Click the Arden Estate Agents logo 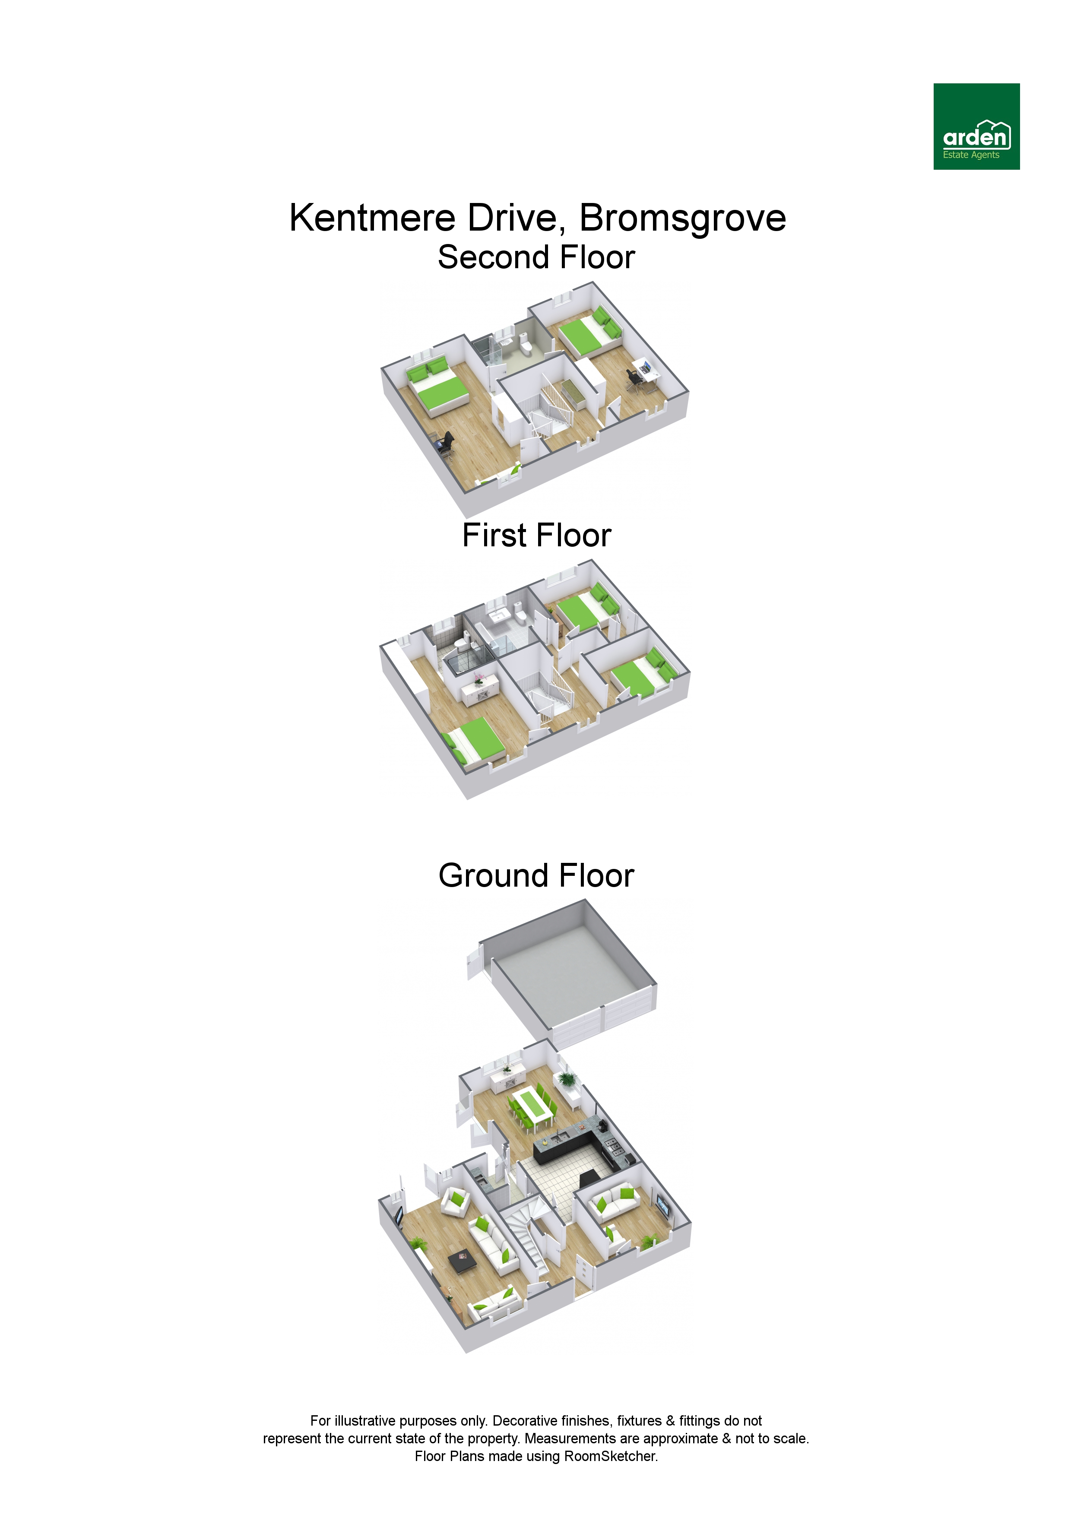pyautogui.click(x=976, y=126)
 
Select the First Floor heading pyautogui.click(x=536, y=535)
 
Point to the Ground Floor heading pyautogui.click(x=536, y=875)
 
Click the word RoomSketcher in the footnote pyautogui.click(x=610, y=1455)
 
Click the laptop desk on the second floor pyautogui.click(x=645, y=370)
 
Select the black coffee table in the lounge pyautogui.click(x=462, y=1261)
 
